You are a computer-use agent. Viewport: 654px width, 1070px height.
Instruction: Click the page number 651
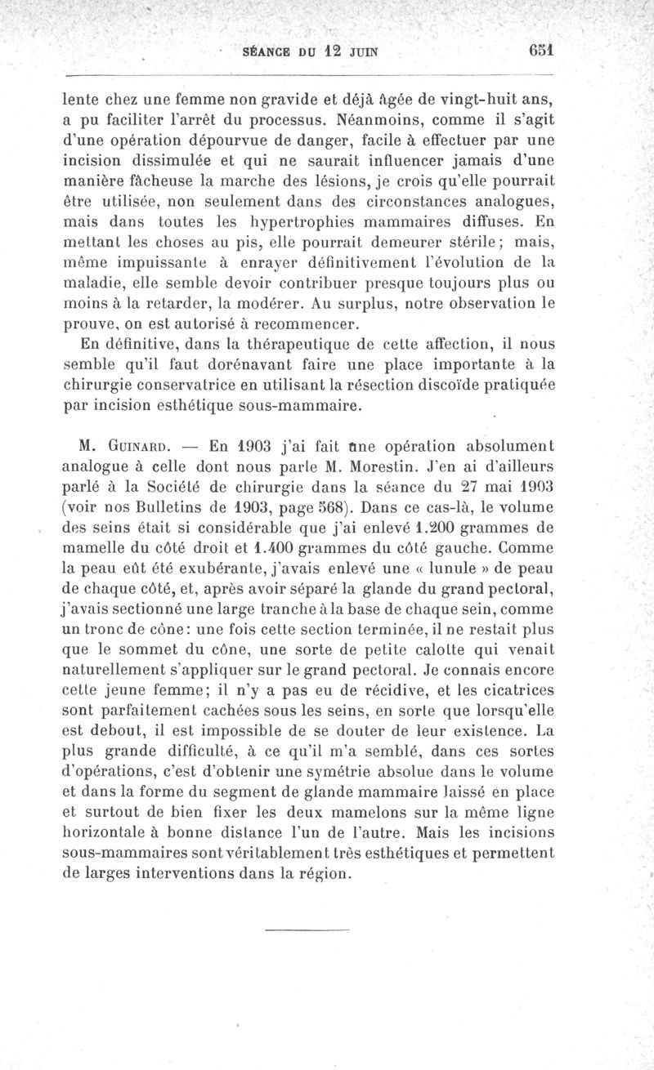[541, 50]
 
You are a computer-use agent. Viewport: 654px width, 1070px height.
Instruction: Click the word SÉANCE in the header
[267, 51]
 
